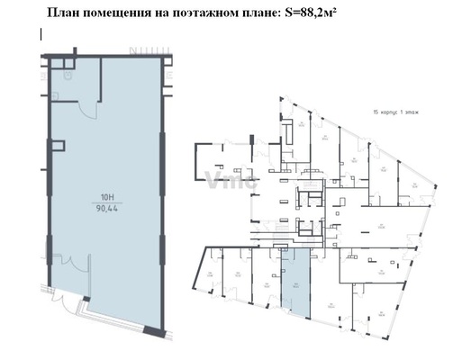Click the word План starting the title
(59, 13)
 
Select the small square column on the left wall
(59, 143)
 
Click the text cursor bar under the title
(41, 34)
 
